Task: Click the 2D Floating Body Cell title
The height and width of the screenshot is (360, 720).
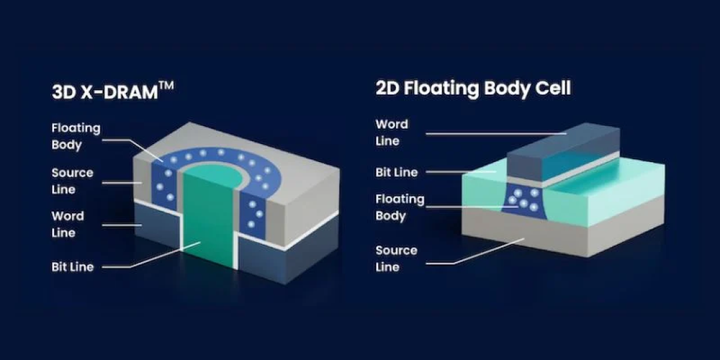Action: (x=473, y=88)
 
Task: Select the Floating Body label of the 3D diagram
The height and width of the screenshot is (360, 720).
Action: (x=76, y=137)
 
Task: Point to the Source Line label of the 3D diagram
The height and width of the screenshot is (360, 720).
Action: (x=72, y=181)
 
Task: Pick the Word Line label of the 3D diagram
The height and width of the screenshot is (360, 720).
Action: (x=67, y=224)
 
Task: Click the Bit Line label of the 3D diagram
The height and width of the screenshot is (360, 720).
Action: (x=73, y=267)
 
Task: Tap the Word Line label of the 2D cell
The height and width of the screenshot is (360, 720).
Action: (x=392, y=132)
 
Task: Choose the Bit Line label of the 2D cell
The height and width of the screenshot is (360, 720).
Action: (x=397, y=173)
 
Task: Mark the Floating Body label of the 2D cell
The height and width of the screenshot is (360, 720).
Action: (x=400, y=207)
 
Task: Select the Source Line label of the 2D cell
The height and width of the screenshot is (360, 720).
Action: (x=396, y=259)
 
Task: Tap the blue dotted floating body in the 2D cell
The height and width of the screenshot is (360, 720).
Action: (x=523, y=202)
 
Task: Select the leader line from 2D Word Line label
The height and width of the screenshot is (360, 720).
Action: (x=497, y=133)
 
